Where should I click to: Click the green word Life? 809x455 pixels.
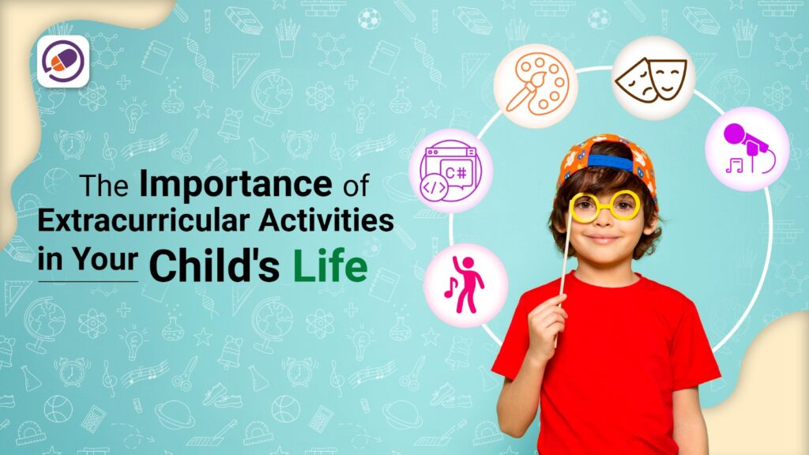tap(329, 266)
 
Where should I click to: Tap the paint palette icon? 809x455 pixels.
tap(531, 85)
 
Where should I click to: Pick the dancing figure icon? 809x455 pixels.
tap(465, 284)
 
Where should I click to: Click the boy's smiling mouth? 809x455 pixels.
tap(603, 238)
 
